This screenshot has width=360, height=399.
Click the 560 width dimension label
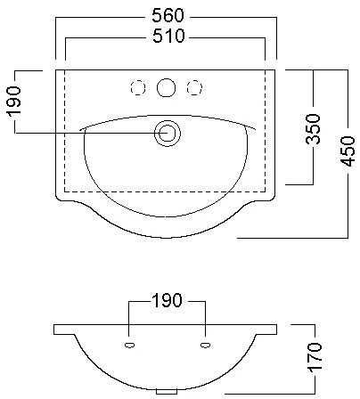[168, 15]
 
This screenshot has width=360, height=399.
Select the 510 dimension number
[168, 36]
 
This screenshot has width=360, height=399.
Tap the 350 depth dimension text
[314, 128]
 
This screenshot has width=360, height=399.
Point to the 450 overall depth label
[348, 151]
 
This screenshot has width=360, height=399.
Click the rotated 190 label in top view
[14, 101]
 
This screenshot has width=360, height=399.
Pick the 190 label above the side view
[167, 300]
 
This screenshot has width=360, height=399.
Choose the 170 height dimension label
[315, 357]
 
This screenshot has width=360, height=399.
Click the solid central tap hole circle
[166, 87]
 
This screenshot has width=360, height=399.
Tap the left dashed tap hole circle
[138, 88]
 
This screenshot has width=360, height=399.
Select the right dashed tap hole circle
[194, 88]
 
